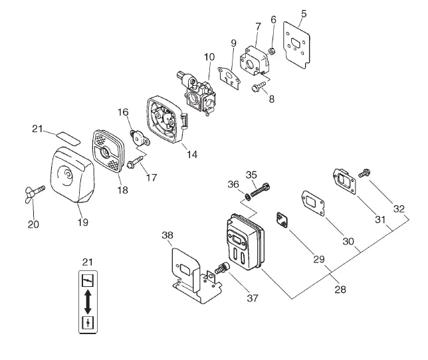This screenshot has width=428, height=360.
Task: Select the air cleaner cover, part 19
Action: pos(72,175)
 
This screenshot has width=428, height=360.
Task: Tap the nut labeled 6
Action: pos(272,50)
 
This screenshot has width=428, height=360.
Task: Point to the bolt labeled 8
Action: pos(259,86)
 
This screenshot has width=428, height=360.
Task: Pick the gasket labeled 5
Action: pos(296,45)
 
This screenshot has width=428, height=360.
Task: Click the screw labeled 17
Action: pos(135,161)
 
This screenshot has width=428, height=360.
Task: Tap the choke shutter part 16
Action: pos(139,138)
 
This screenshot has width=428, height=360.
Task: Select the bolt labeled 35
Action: pos(260,190)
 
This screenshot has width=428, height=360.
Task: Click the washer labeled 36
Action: pos(248,197)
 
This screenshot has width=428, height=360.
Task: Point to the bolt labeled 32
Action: pos(364,173)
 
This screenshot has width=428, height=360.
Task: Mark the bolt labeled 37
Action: pos(222,268)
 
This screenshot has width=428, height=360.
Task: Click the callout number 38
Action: pos(167,235)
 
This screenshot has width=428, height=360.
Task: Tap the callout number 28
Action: pos(340,290)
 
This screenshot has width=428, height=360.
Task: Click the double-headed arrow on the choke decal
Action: pos(88,302)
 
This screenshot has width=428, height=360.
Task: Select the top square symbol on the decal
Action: pos(88,280)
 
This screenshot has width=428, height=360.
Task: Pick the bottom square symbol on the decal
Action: pos(88,323)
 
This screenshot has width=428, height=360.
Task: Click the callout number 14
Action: pos(192,154)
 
